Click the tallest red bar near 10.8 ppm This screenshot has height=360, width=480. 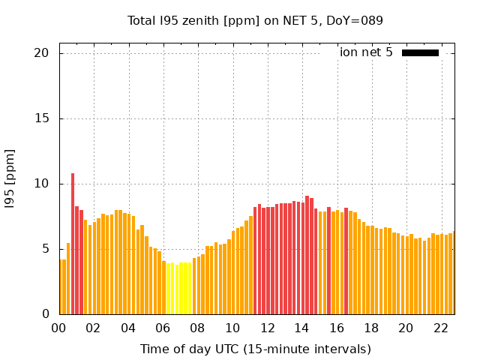click(73, 244)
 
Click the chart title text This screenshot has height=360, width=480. click(255, 20)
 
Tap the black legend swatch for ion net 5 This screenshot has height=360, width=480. click(420, 52)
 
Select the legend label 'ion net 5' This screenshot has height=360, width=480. click(366, 52)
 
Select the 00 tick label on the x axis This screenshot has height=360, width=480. click(58, 328)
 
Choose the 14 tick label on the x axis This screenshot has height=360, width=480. click(301, 328)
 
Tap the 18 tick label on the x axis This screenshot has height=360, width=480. click(371, 328)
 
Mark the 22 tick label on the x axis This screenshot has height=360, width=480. click(441, 328)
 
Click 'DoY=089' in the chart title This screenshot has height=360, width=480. click(357, 20)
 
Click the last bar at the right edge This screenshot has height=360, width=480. click(453, 273)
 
